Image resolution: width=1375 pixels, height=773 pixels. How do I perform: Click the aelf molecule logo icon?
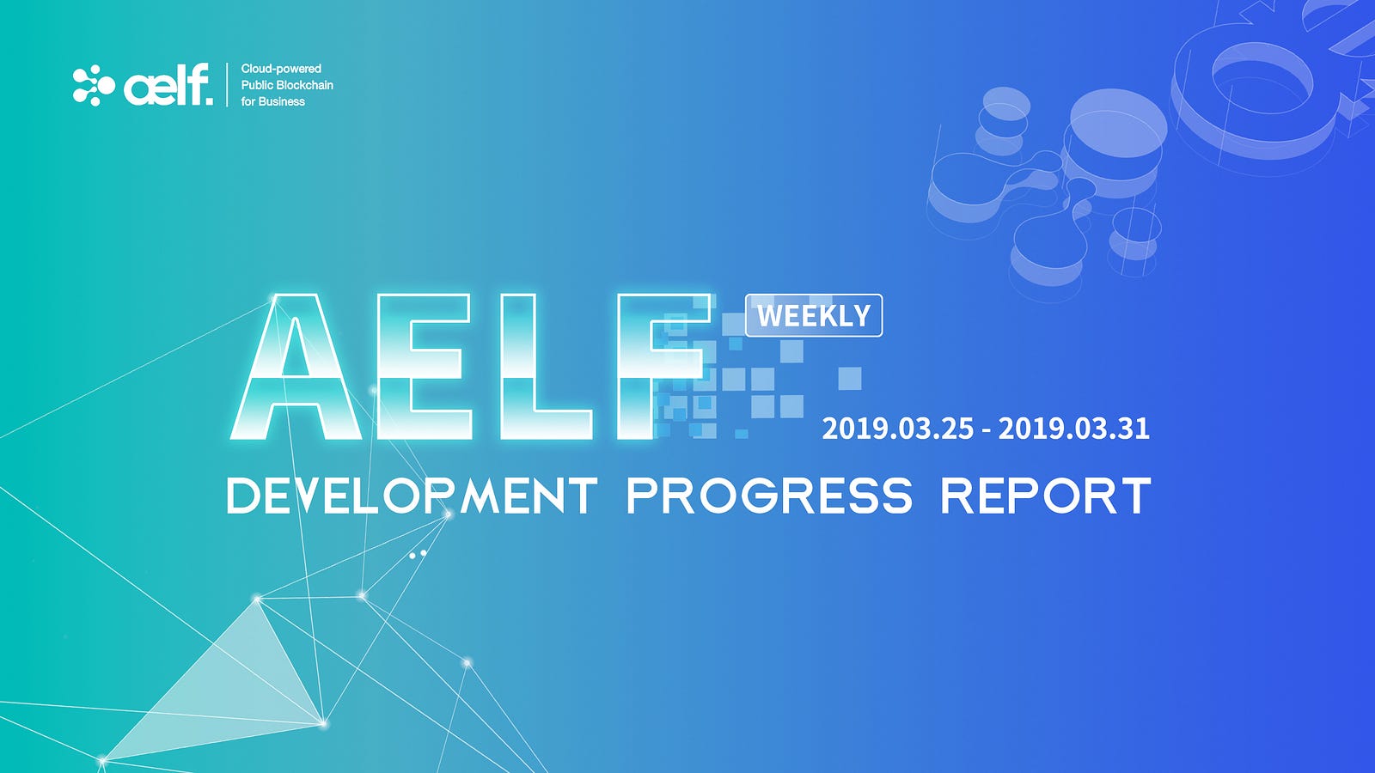[x=94, y=85]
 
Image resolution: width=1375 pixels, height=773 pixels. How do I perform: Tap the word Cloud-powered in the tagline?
[x=281, y=69]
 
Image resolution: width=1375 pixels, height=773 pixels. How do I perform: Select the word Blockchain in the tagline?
[x=304, y=85]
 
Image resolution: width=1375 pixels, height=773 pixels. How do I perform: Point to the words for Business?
[x=272, y=102]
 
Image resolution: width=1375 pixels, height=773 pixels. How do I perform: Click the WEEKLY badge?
[x=814, y=315]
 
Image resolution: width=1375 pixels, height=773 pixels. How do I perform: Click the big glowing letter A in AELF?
[x=296, y=367]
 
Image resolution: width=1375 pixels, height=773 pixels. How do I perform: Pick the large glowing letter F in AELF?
[x=663, y=367]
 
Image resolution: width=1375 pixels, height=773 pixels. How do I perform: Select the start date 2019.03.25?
[x=897, y=429]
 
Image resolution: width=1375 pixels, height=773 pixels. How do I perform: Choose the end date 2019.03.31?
[x=1073, y=429]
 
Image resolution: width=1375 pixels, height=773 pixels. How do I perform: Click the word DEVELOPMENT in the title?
[x=412, y=496]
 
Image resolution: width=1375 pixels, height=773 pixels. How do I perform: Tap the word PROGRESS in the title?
[x=770, y=496]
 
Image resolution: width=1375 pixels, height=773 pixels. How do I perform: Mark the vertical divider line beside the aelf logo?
[x=227, y=85]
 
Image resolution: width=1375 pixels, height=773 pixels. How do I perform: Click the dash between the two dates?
[x=986, y=430]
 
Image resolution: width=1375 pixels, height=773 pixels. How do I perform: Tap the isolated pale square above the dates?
[x=850, y=378]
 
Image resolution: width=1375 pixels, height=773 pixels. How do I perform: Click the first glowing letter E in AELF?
[x=425, y=367]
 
